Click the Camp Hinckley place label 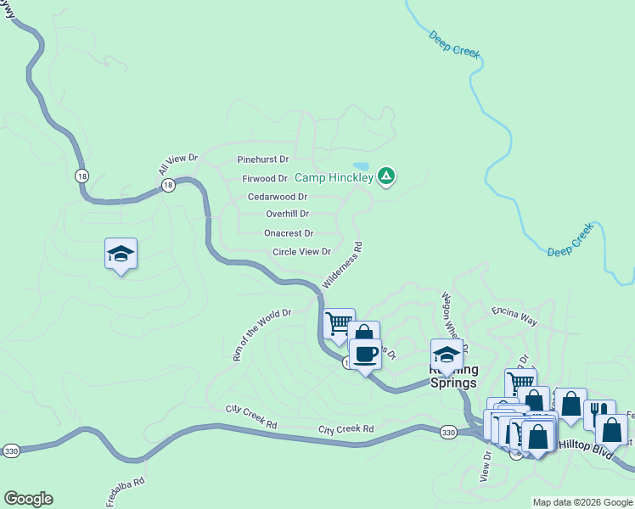coord(334,178)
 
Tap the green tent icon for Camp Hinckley coord(386,176)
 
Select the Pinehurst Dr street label coord(262,159)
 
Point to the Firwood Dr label coord(265,179)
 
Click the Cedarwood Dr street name coord(277,197)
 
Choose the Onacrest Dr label coord(289,233)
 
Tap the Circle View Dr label coord(301,252)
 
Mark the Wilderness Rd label coord(343,265)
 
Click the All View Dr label coord(177,165)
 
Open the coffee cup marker coord(365,354)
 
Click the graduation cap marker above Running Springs coord(447,354)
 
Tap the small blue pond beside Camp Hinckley coord(361,166)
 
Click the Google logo coord(27,499)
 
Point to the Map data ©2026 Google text coord(582,502)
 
